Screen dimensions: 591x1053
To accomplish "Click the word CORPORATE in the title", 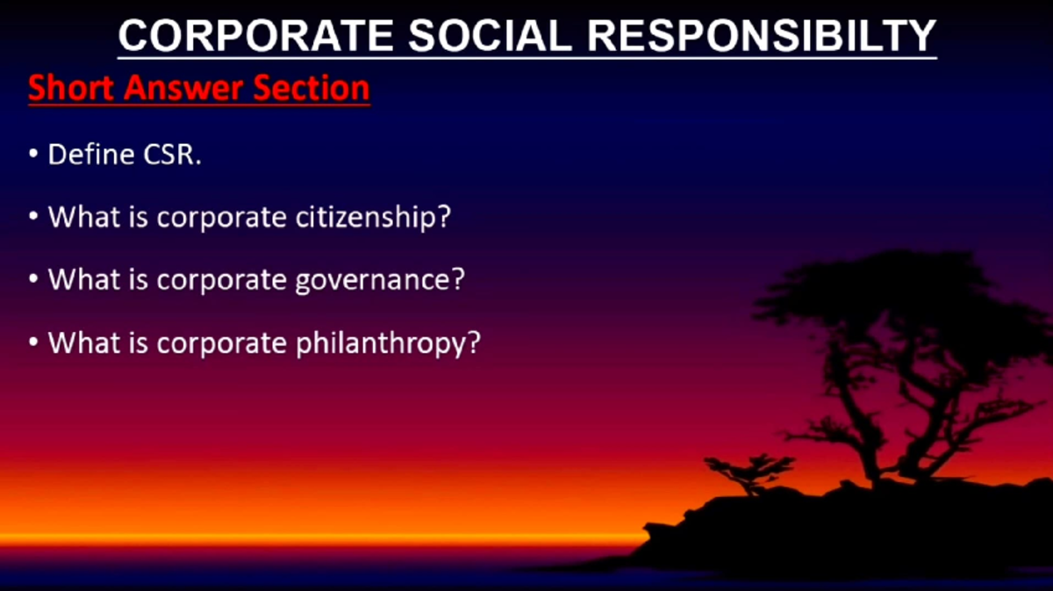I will click(x=254, y=36).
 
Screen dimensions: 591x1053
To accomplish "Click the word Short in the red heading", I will click(x=71, y=89).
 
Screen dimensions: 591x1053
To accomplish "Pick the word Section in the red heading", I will click(x=312, y=89).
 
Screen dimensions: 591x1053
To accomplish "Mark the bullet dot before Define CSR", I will click(x=33, y=155).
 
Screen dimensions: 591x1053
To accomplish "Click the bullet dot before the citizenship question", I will click(x=33, y=217).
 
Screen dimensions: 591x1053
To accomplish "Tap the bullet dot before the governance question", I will click(x=33, y=279).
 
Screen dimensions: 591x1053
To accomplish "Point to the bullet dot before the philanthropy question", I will click(x=33, y=342).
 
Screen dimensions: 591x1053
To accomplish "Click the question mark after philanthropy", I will click(x=474, y=342).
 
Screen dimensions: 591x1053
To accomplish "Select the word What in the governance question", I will click(x=84, y=279).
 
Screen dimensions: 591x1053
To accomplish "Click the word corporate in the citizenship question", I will click(x=220, y=217).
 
